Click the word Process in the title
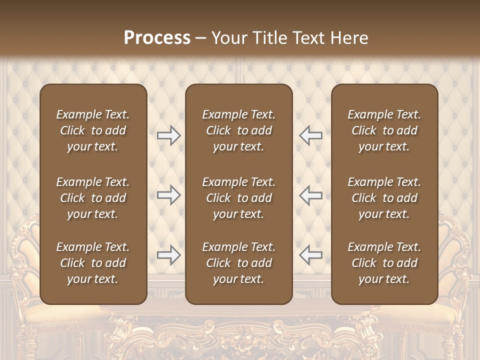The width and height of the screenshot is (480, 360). pyautogui.click(x=157, y=38)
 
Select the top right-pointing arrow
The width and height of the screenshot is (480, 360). pyautogui.click(x=168, y=135)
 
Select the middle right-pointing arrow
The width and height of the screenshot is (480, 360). pyautogui.click(x=168, y=195)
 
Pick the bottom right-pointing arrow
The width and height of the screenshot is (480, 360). pyautogui.click(x=168, y=255)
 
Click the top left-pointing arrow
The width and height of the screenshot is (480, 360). pyautogui.click(x=311, y=135)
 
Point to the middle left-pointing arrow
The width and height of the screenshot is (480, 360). pyautogui.click(x=311, y=195)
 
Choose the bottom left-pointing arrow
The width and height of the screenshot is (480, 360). pyautogui.click(x=311, y=255)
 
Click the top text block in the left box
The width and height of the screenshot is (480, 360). pyautogui.click(x=93, y=130)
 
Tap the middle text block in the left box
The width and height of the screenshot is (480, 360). pyautogui.click(x=93, y=198)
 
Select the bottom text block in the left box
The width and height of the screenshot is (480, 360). pyautogui.click(x=93, y=263)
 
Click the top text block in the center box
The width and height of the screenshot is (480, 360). pyautogui.click(x=238, y=130)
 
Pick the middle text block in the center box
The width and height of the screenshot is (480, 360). pyautogui.click(x=238, y=198)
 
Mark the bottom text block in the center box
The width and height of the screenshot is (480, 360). pyautogui.click(x=238, y=263)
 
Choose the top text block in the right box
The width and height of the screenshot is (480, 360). pyautogui.click(x=384, y=130)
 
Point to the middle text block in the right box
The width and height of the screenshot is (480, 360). pyautogui.click(x=384, y=198)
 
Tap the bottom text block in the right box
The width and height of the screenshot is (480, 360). pyautogui.click(x=384, y=263)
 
